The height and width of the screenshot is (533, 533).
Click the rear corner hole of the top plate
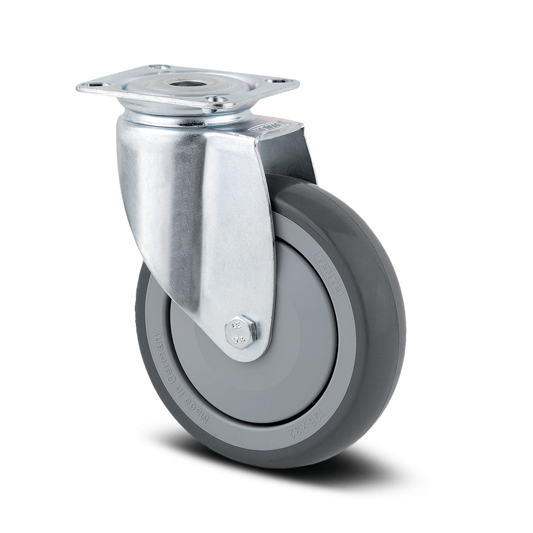[x=159, y=67]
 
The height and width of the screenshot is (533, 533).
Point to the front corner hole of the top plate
[x=216, y=99]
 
